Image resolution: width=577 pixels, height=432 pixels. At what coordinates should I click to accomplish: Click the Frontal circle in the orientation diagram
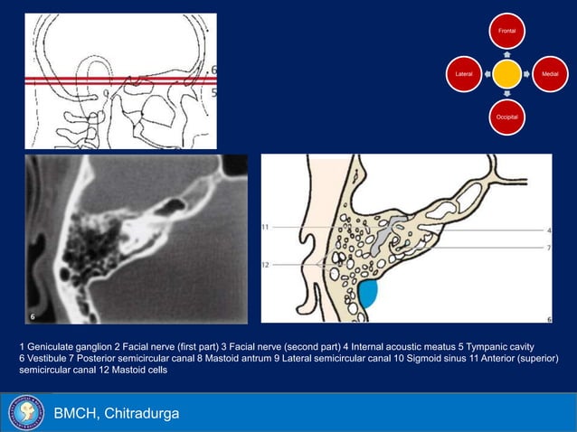(x=507, y=32)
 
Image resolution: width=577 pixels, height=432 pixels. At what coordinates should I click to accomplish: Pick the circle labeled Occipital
(x=507, y=117)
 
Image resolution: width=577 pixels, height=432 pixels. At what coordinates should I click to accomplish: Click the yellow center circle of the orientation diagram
(x=507, y=74)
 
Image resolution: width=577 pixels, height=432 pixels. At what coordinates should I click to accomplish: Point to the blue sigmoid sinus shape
(x=369, y=293)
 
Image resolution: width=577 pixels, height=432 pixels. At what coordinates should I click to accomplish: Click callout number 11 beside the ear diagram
(x=266, y=225)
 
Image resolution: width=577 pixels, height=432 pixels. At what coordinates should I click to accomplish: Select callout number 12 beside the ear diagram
(x=266, y=264)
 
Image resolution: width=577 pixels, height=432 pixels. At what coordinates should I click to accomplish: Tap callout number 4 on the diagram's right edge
(x=549, y=230)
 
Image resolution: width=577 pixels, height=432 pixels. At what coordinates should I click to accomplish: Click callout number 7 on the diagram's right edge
(x=549, y=247)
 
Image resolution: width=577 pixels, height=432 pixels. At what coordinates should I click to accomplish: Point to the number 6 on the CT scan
(x=32, y=317)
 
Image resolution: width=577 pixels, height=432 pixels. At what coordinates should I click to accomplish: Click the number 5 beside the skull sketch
(x=213, y=91)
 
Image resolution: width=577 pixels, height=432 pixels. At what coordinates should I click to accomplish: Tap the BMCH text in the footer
(x=77, y=414)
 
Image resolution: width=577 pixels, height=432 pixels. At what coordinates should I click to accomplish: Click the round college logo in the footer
(x=25, y=413)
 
